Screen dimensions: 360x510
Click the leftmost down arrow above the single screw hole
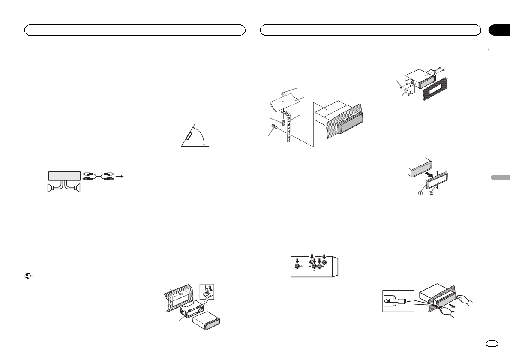pos(297,259)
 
